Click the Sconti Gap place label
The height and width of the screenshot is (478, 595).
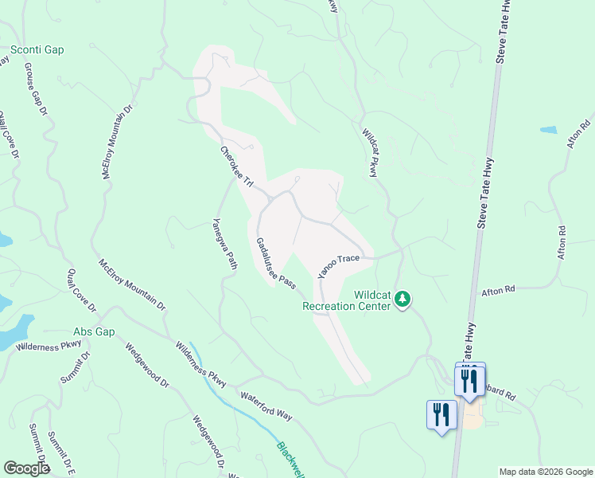click(x=37, y=49)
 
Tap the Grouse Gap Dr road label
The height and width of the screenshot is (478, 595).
click(x=36, y=89)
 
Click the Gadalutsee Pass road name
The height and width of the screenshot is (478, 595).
click(x=276, y=263)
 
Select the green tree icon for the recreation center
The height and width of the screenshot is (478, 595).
click(x=403, y=300)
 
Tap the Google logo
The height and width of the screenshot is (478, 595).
click(x=26, y=468)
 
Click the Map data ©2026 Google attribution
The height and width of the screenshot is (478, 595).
click(x=545, y=472)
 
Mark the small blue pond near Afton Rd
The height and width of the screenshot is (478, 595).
click(x=548, y=129)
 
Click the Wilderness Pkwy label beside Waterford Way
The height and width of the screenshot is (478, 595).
click(x=201, y=363)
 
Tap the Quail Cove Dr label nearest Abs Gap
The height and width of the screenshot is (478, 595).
click(x=81, y=290)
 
